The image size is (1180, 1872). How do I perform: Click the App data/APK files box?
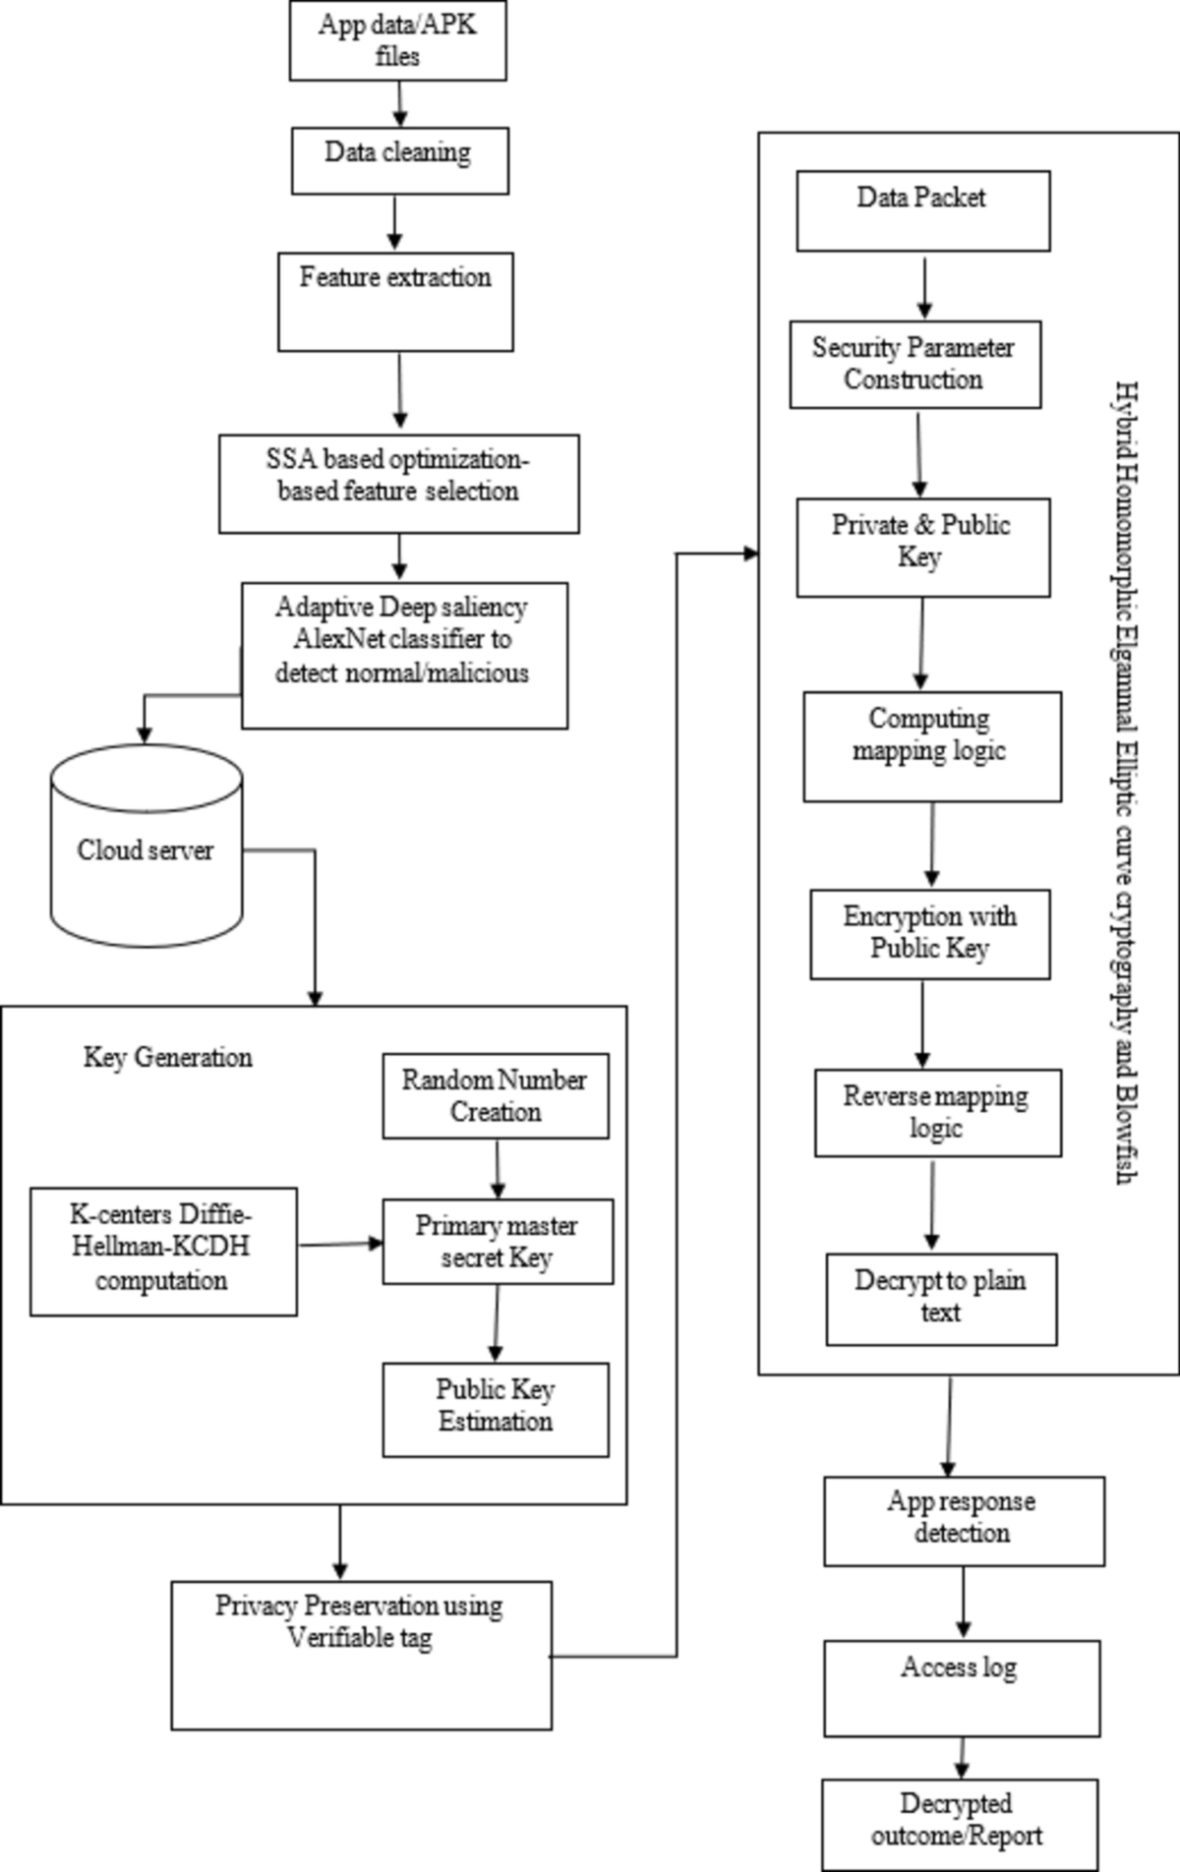pos(397,41)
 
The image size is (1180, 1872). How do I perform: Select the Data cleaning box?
pos(399,159)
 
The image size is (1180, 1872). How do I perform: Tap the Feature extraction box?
pos(395,301)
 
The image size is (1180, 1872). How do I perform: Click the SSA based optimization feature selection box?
pos(398,484)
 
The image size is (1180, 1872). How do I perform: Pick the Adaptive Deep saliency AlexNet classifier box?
pos(404,655)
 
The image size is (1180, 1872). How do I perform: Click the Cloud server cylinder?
pos(146,849)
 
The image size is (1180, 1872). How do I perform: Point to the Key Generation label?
pos(167,1058)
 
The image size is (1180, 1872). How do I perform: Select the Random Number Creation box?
pos(495,1095)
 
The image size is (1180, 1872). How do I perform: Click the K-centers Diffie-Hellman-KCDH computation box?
pos(163,1251)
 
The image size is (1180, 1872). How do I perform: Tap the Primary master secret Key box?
pos(497,1241)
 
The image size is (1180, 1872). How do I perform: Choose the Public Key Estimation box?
pos(495,1408)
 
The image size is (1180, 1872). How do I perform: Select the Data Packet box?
pos(922,210)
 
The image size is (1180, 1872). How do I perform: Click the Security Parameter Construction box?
pos(914,364)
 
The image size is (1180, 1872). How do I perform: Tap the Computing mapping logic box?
pos(931,745)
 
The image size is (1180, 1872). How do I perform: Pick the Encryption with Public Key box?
pos(929,933)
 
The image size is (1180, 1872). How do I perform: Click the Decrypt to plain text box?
pos(941,1298)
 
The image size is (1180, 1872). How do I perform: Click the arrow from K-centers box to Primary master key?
pos(339,1245)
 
